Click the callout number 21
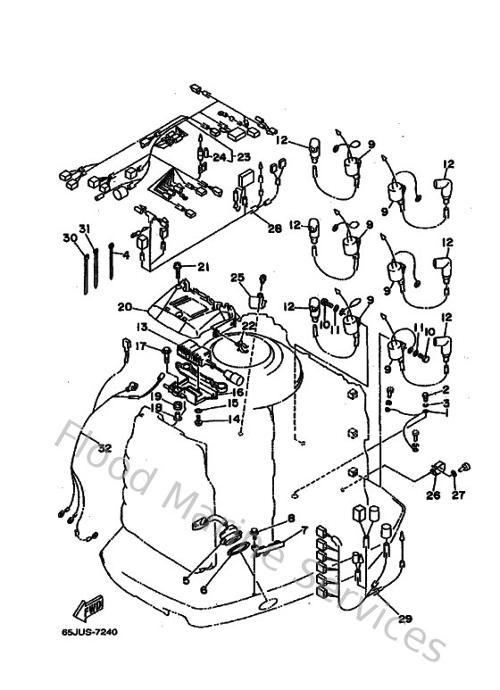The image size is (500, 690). [x=203, y=267]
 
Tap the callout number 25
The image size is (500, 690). [x=237, y=277]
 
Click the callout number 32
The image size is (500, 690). [x=104, y=448]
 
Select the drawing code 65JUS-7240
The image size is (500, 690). [x=89, y=632]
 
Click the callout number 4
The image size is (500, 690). [x=126, y=254]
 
